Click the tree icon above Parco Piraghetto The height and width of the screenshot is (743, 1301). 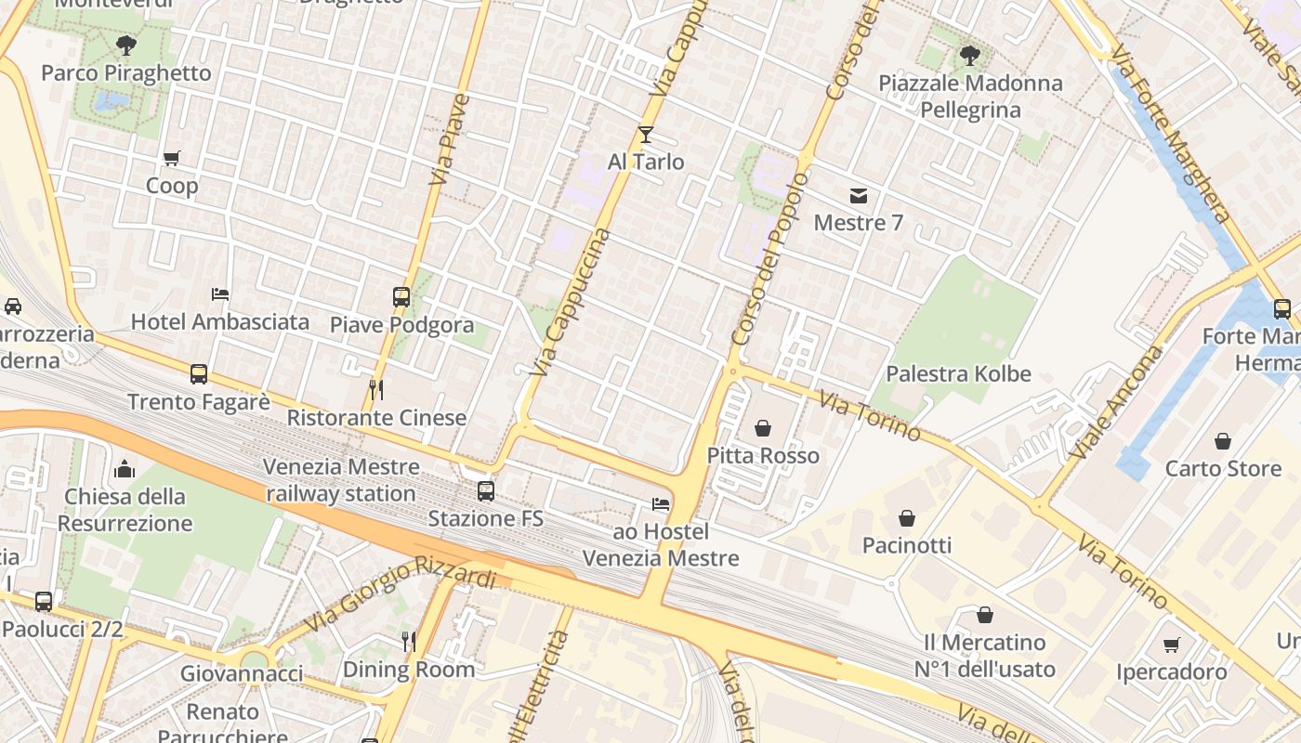point(125,45)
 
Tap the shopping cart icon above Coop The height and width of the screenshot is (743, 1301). point(171,158)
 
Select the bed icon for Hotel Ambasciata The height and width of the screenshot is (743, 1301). point(220,294)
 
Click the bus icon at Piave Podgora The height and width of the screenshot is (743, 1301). point(401,297)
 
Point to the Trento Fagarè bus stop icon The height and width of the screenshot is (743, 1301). point(199,374)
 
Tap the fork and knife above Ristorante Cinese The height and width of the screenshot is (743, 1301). point(376,389)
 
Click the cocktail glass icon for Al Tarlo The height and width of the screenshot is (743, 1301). point(646,135)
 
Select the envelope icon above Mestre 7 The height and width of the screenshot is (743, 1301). point(859,196)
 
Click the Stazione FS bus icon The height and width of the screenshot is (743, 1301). point(486,491)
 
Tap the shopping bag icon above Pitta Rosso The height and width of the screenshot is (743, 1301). point(763,428)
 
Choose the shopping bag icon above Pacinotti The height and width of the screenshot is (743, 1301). point(907,517)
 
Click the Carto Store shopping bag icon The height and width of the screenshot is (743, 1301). point(1223,441)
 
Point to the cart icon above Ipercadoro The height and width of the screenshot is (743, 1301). point(1172,644)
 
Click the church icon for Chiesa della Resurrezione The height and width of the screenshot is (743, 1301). point(125,469)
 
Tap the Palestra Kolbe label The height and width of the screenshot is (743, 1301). point(958,373)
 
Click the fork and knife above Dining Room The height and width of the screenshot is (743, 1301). point(408,641)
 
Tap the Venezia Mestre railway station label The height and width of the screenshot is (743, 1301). point(341,480)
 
